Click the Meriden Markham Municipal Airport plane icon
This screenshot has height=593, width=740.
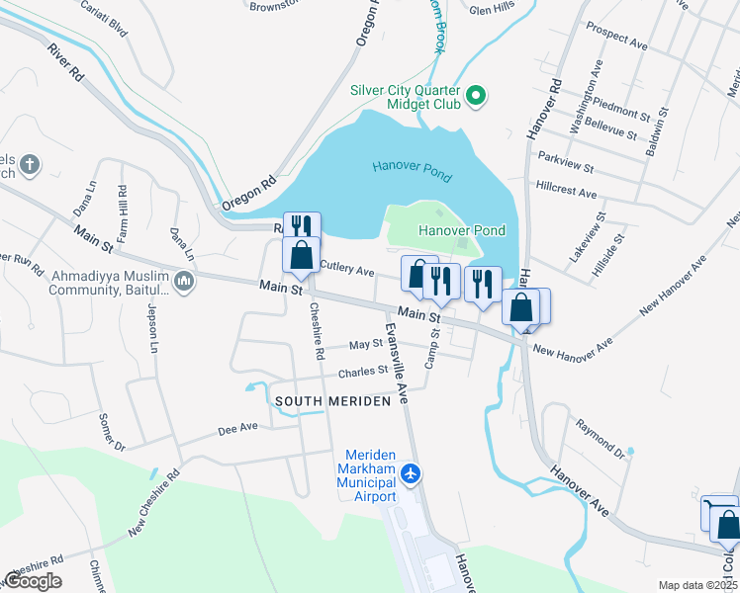(x=413, y=474)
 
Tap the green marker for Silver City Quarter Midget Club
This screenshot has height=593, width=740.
(x=476, y=96)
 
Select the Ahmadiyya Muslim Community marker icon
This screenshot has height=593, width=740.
(x=183, y=284)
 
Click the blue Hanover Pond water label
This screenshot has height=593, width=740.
(x=412, y=172)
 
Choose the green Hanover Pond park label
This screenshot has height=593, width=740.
(x=461, y=231)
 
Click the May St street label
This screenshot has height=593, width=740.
(x=365, y=345)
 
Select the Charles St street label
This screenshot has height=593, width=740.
(x=363, y=372)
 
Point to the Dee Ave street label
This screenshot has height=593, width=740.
(x=237, y=429)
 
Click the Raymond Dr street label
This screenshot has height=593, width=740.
(x=604, y=440)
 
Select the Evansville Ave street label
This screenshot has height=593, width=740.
(x=396, y=362)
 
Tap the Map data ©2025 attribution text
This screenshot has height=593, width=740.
(x=697, y=585)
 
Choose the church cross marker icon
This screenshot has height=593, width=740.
(x=30, y=164)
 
